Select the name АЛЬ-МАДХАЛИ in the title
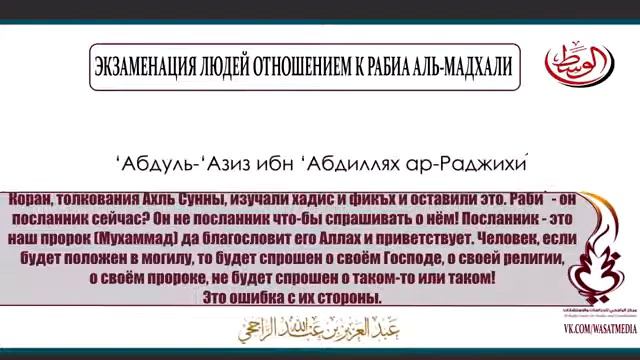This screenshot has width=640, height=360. [x=462, y=66]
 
